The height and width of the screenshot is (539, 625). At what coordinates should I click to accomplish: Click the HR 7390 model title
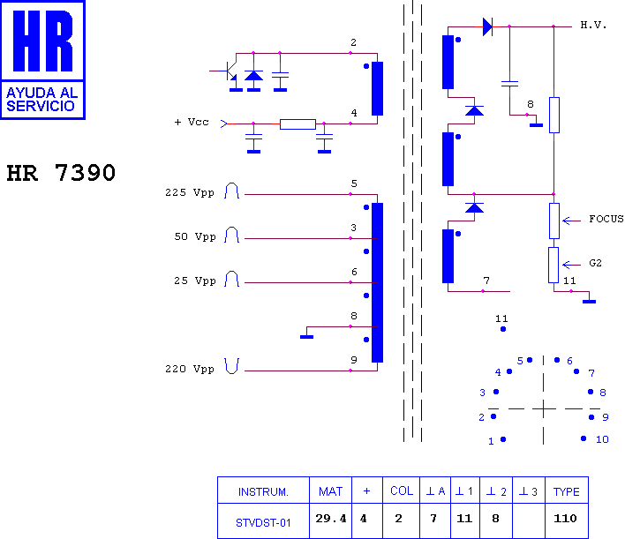pos(61,173)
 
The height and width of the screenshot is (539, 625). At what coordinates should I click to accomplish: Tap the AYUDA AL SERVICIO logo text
pos(41,99)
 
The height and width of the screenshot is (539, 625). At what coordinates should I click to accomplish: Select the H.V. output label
pos(593,26)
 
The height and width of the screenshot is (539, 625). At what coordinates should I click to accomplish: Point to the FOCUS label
pos(606,219)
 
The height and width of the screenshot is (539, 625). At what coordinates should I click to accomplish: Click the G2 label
pos(595,263)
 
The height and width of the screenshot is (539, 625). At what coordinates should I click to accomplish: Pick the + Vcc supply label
pos(192,122)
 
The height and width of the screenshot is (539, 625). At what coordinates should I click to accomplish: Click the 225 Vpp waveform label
pos(190,193)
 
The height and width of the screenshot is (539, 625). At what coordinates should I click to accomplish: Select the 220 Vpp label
pos(190,369)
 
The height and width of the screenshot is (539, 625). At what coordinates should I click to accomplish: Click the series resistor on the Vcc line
pos(297,124)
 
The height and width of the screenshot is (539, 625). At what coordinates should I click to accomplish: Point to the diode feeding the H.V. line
pos(487,27)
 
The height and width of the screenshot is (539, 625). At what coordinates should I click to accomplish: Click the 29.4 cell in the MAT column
pos(331,519)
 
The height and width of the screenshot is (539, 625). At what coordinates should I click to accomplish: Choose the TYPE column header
pos(567,492)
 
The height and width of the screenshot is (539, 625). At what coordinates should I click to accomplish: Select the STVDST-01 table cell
pos(263,522)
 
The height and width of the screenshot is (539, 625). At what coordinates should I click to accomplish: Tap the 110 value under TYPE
pos(565,519)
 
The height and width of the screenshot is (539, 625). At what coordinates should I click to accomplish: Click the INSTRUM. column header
pos(263,492)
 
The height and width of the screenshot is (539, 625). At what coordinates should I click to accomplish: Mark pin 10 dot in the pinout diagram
pos(584,438)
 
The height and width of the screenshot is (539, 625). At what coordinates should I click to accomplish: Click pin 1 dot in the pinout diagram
pos(503,439)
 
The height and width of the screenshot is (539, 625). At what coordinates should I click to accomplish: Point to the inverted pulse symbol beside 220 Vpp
pos(231,366)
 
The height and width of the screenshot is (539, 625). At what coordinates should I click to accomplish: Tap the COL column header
pos(402,490)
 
